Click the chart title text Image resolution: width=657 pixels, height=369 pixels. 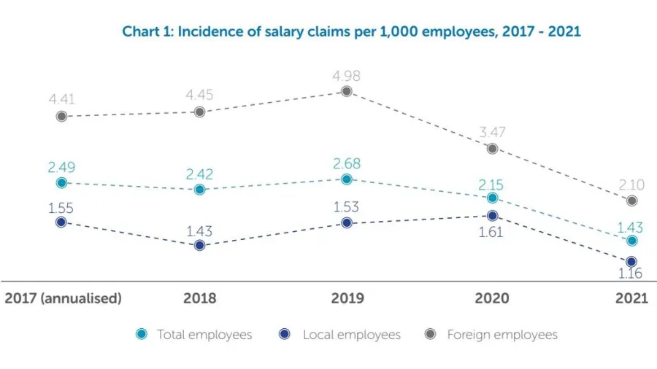click(351, 31)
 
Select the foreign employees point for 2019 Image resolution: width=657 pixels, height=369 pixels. click(346, 91)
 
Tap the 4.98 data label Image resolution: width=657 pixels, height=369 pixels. click(346, 76)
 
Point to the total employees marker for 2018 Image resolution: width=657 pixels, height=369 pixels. click(200, 190)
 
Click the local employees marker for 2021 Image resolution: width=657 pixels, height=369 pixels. click(631, 261)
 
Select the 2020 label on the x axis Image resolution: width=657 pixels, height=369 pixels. click(492, 298)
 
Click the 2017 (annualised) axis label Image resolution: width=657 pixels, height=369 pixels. click(64, 298)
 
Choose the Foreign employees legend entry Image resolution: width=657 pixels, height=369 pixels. click(502, 335)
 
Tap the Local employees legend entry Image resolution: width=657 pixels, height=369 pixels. click(351, 335)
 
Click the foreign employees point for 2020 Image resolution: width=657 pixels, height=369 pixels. click(492, 148)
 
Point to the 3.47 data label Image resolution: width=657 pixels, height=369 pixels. click(492, 133)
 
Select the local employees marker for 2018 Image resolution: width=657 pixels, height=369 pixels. click(200, 246)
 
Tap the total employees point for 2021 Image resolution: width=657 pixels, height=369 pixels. click(631, 240)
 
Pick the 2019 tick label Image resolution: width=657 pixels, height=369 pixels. click(346, 298)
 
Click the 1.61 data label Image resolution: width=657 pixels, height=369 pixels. click(492, 232)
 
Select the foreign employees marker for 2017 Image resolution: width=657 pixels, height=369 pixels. click(62, 116)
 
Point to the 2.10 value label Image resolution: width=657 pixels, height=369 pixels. click(631, 184)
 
